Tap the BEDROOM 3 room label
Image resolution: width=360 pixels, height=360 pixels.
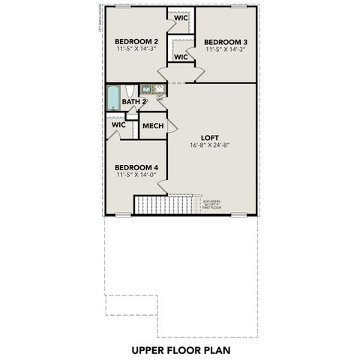tap(226, 41)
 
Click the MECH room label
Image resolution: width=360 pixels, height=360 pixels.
tap(153, 125)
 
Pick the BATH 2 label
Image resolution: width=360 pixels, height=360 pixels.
tap(133, 101)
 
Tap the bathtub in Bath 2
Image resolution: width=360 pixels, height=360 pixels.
tap(113, 97)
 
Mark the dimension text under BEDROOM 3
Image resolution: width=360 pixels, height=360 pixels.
tap(226, 49)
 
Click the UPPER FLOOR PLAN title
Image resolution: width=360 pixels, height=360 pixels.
tap(180, 349)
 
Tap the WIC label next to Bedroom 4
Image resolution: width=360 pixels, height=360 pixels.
tap(118, 124)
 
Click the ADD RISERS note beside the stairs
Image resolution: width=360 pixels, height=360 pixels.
tap(211, 204)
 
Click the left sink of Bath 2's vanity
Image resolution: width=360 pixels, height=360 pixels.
tap(147, 89)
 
